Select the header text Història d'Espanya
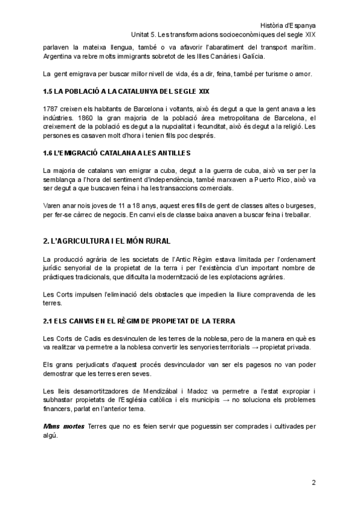point(289,25)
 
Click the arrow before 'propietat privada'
point(253,348)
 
